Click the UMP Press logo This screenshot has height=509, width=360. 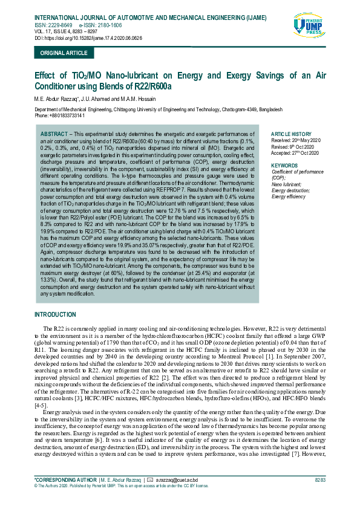pyautogui.click(x=308, y=28)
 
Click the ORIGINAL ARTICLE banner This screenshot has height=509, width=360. pyautogui.click(x=63, y=53)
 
